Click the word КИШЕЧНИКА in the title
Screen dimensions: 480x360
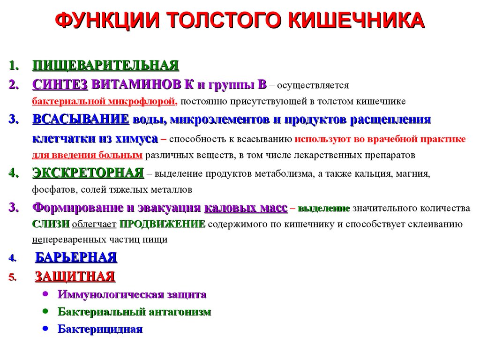[356, 21]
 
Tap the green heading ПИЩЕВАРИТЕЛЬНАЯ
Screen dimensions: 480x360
[105, 65]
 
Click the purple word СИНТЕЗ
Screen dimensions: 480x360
[60, 84]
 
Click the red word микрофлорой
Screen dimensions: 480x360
[142, 101]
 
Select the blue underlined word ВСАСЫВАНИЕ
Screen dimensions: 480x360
[81, 119]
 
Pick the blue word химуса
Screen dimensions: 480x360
[136, 139]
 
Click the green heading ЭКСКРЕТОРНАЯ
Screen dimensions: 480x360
[88, 172]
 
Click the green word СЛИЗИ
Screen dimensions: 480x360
[51, 224]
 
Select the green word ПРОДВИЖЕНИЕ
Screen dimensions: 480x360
[162, 224]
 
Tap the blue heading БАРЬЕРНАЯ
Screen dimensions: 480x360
[76, 257]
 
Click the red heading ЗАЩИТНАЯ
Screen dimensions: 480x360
[75, 277]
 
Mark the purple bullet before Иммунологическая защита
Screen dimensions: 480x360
[45, 294]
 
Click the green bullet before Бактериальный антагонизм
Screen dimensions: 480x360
[45, 311]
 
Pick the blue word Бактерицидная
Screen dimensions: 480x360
[100, 329]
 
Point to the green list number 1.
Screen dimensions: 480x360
[14, 66]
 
